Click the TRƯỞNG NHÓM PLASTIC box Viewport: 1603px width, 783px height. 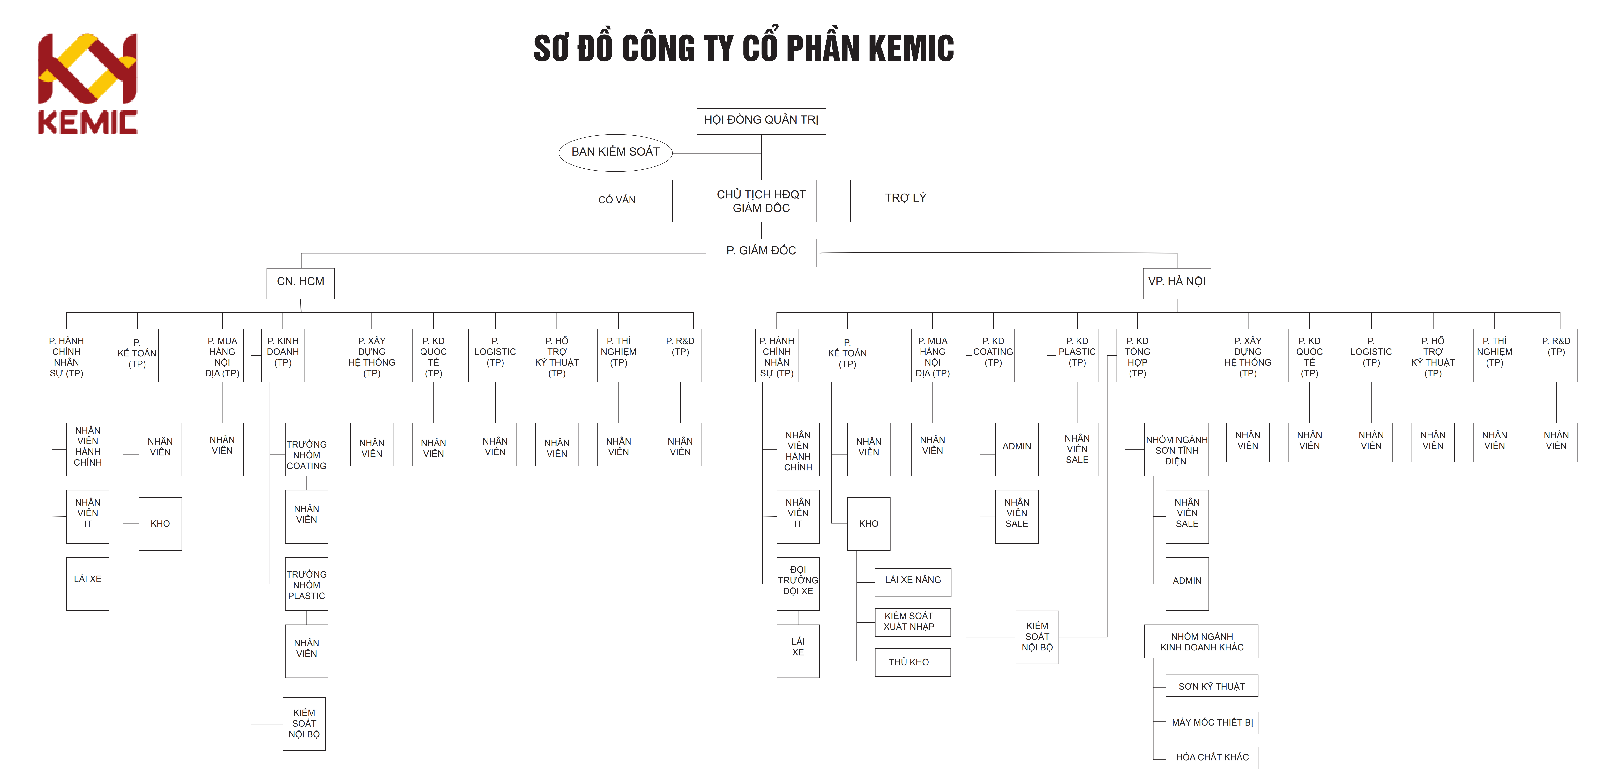click(x=306, y=585)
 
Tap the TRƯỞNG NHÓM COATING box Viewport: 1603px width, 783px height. click(x=306, y=455)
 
